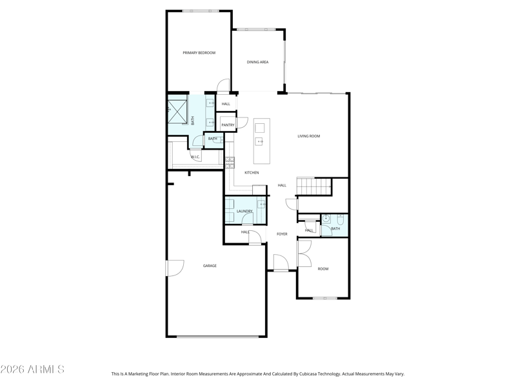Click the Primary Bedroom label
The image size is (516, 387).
[199, 53]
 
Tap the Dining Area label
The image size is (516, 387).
[257, 62]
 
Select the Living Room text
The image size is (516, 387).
[309, 136]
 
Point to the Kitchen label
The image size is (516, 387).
[252, 172]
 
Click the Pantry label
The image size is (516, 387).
[228, 125]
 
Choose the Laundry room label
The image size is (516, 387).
[244, 212]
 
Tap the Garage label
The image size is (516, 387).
[210, 266]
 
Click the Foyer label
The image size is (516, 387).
[282, 234]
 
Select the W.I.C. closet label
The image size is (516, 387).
[195, 157]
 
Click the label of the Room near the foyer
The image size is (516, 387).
[323, 269]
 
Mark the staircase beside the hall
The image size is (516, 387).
[314, 186]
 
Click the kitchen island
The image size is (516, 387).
[262, 141]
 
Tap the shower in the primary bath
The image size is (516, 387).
[177, 111]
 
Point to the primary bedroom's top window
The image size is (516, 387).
[201, 11]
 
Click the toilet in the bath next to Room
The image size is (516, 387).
[341, 218]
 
